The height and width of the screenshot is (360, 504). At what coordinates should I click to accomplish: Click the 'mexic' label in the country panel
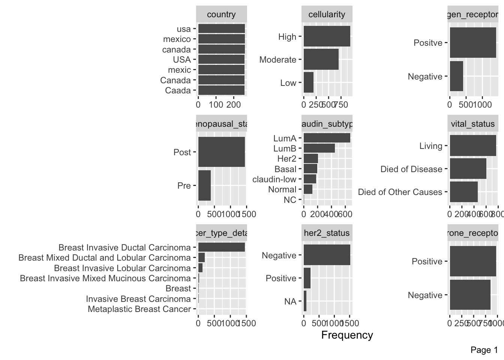click(179, 70)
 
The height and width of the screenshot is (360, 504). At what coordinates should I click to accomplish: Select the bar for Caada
click(221, 90)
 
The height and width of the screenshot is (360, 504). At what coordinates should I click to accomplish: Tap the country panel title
click(221, 15)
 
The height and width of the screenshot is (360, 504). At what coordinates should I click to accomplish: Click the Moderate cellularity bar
click(321, 60)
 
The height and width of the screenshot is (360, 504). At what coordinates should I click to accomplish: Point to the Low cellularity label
click(288, 83)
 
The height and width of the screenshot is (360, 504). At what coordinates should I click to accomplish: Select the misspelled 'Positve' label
click(428, 43)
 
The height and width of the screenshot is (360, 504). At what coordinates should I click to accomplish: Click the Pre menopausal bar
click(204, 186)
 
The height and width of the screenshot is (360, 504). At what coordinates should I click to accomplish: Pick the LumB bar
click(319, 148)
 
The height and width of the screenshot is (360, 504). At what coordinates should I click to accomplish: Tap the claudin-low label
click(274, 179)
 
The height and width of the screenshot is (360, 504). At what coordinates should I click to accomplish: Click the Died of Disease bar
click(468, 169)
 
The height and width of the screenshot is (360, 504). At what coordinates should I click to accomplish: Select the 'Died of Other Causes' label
click(400, 192)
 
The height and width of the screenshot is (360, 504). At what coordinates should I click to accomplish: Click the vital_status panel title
click(472, 124)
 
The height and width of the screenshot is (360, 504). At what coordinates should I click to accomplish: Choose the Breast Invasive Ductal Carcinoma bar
click(221, 247)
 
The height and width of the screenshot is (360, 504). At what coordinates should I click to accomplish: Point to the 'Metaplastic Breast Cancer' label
click(139, 309)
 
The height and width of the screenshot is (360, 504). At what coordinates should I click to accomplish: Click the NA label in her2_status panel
click(290, 301)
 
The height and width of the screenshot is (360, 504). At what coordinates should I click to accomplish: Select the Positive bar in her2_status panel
click(307, 278)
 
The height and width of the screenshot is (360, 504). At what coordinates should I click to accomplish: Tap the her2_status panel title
click(327, 233)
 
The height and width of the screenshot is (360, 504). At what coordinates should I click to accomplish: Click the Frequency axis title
click(347, 335)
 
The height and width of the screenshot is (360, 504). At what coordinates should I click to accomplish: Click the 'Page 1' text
click(484, 350)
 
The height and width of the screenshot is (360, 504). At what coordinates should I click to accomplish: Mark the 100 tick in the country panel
click(216, 105)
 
